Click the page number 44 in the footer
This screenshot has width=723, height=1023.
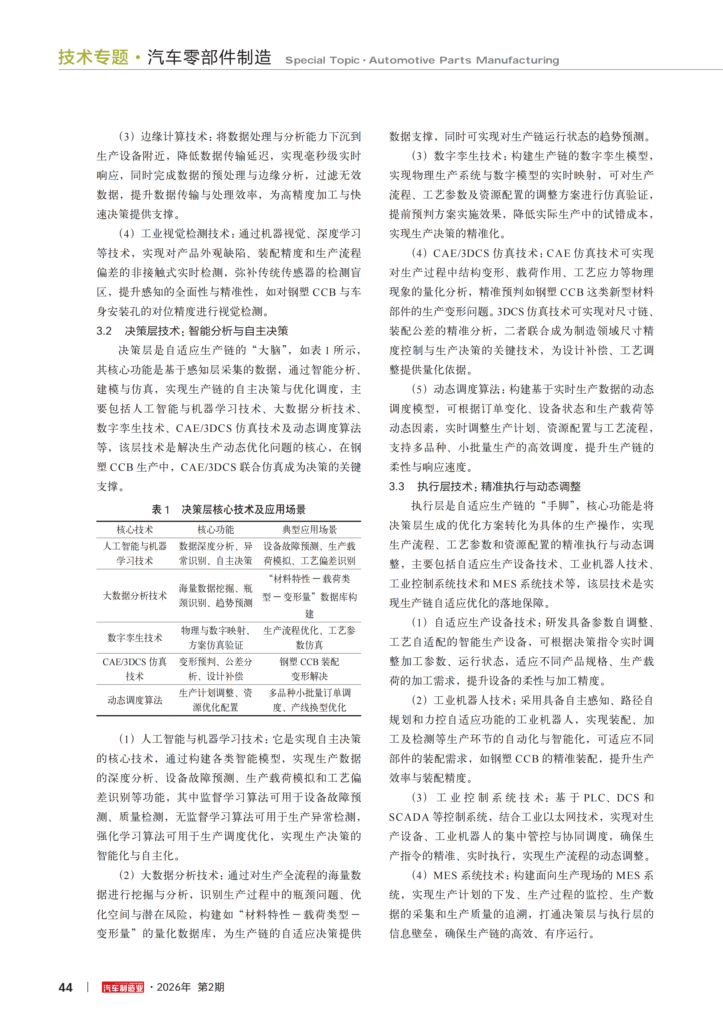point(66,987)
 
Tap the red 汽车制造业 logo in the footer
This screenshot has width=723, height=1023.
point(123,987)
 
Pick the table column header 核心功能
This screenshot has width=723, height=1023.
point(216,529)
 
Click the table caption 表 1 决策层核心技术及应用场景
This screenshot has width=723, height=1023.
point(229,509)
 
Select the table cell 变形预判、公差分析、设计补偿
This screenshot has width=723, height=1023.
point(216,669)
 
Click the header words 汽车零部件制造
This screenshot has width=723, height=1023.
point(209,57)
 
